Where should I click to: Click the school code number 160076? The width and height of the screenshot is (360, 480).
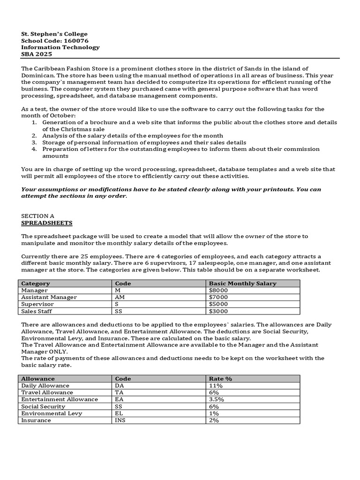coord(75,41)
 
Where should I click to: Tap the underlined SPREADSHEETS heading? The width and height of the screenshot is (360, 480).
coord(47,223)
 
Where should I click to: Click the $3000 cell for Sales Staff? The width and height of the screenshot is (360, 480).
coord(218,311)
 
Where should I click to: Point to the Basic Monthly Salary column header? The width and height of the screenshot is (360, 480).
coord(242,284)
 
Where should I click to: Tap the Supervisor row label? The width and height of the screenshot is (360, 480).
coord(38,304)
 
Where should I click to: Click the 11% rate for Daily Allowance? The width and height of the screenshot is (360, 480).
coord(216,385)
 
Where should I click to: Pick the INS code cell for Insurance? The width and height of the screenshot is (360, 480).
coord(120,420)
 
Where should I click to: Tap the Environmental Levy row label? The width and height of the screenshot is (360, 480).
coord(52,413)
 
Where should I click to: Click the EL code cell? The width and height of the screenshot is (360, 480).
coord(119,413)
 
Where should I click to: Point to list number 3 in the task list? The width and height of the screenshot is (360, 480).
coord(34,142)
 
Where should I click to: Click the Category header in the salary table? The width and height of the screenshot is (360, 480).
coord(36,284)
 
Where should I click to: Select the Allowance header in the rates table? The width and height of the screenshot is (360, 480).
coord(38,378)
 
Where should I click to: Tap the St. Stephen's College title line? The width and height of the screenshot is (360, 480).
coord(54,34)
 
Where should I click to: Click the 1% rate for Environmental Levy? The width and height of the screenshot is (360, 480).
coord(214,413)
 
